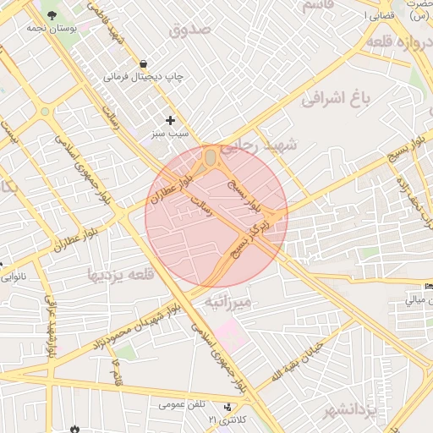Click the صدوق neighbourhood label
[192, 30]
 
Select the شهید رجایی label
[270, 146]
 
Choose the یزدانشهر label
[348, 412]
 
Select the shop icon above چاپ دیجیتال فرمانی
[143, 63]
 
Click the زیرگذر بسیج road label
[251, 238]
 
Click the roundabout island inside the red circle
[211, 158]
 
